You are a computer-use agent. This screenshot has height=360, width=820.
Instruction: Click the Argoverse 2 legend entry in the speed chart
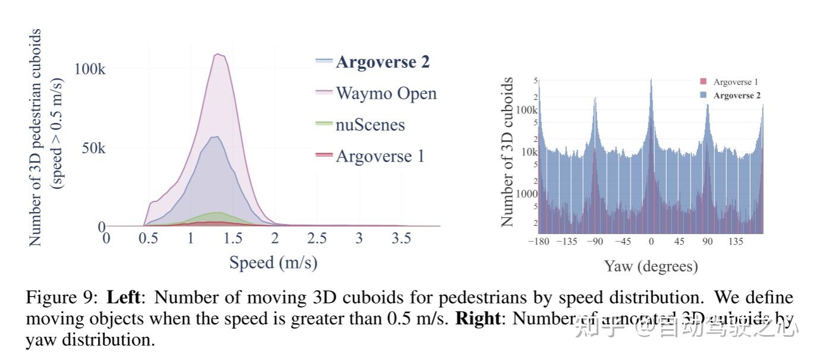click(382, 62)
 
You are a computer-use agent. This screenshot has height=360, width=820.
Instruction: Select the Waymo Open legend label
click(386, 93)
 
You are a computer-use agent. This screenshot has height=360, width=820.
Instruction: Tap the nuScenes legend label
click(370, 125)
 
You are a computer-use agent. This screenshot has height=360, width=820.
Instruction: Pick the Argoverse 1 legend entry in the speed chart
click(380, 156)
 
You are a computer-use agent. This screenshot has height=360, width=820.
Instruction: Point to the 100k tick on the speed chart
click(90, 69)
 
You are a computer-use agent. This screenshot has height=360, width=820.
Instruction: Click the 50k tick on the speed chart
click(93, 148)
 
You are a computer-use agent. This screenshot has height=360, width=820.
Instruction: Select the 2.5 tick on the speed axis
click(317, 239)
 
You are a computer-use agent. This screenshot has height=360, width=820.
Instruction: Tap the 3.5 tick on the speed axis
click(401, 239)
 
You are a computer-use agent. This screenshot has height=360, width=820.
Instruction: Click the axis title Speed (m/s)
click(273, 262)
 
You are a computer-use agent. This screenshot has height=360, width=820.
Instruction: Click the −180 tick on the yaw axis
click(539, 242)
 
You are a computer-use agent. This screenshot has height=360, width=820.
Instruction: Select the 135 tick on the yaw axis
click(735, 242)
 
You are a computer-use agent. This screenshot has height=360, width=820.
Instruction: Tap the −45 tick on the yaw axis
click(622, 242)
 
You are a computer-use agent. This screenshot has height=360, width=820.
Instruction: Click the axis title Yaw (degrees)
click(651, 266)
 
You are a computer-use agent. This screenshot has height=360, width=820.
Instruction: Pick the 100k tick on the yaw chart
click(526, 110)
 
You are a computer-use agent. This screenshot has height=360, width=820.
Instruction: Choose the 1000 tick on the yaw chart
click(526, 194)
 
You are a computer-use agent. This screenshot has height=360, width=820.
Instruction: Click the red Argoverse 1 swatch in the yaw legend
click(704, 82)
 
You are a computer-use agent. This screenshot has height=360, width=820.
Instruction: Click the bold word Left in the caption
click(122, 296)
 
